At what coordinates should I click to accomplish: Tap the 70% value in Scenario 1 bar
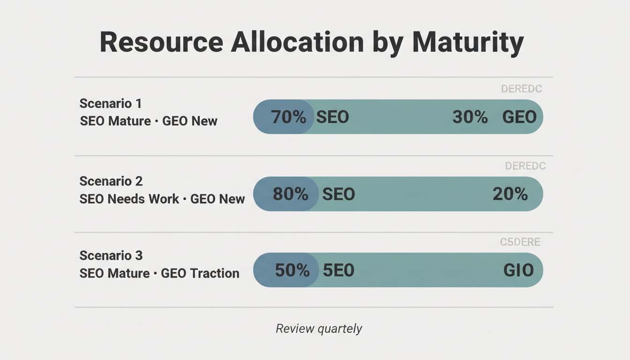coord(288,117)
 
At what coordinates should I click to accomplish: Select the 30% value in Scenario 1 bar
coord(470,117)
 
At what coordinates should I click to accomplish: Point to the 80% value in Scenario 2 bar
coord(290,194)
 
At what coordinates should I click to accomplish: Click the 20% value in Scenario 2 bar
coord(510,194)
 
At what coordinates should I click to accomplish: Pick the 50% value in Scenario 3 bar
coord(292,270)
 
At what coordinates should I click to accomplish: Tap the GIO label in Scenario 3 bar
coord(518,270)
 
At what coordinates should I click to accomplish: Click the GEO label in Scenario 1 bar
coord(519,117)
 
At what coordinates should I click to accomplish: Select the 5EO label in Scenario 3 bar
coord(338,270)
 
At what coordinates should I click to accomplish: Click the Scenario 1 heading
coord(111,103)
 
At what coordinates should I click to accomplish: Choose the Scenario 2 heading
coord(111,181)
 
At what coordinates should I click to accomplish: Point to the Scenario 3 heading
coord(111,255)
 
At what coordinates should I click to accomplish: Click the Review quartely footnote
coord(319,329)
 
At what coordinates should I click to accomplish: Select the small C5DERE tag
coord(520,242)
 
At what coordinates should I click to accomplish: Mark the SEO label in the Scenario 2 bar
coord(338,194)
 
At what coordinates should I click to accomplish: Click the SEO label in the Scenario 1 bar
coord(332,117)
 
